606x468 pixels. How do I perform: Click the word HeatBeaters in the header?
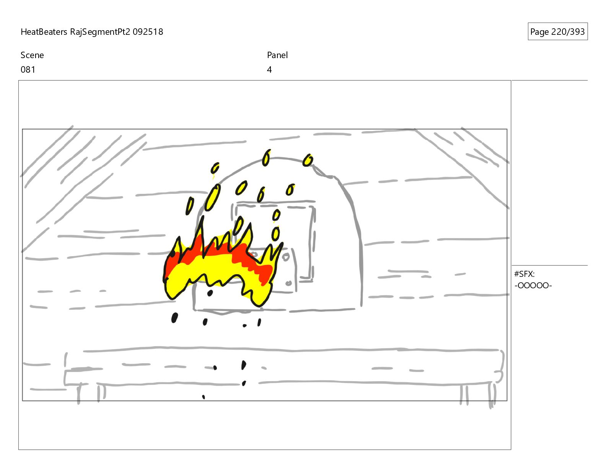point(44,32)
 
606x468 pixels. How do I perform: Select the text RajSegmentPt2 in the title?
point(100,32)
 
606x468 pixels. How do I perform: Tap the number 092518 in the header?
point(148,32)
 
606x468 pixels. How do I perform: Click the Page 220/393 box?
point(557,31)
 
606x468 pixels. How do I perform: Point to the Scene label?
point(32,55)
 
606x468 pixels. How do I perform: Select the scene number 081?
point(28,70)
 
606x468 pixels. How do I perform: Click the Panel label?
point(277,55)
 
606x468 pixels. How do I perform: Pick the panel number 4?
point(269,70)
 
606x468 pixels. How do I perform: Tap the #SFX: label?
point(524,274)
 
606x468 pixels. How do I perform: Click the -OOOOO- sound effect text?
point(533,286)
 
